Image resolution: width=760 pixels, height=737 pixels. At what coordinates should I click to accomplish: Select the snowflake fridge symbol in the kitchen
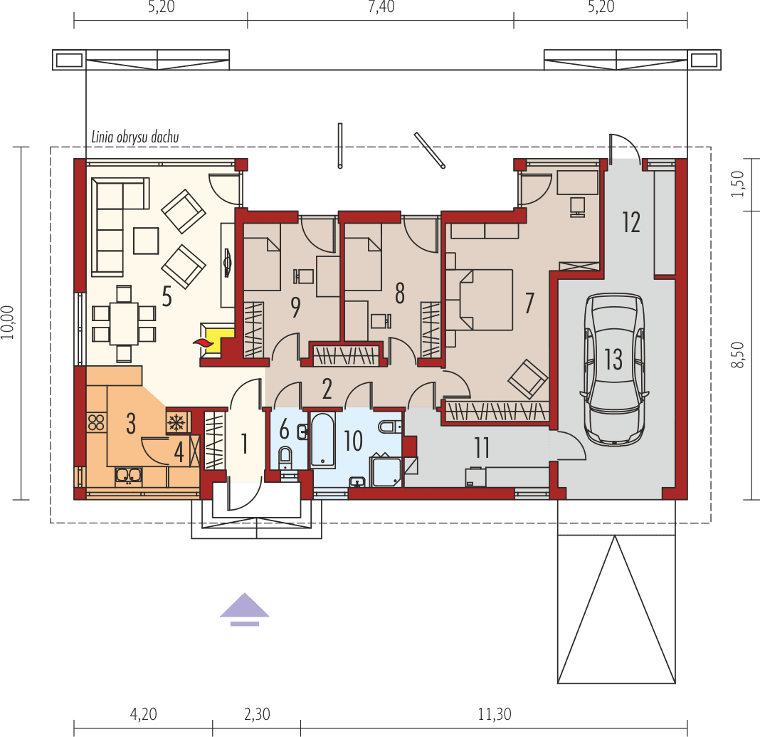tap(176, 422)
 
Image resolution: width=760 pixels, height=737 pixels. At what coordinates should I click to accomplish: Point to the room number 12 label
tap(631, 222)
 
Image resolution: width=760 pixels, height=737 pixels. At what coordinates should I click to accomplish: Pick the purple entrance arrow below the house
tap(244, 607)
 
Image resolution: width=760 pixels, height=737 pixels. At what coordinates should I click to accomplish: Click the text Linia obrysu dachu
tap(134, 137)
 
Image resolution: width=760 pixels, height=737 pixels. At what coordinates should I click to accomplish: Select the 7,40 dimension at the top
tap(381, 8)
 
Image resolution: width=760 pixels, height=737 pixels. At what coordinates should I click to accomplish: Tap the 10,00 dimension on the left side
tap(8, 324)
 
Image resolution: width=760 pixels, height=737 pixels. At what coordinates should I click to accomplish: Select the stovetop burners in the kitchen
tap(95, 422)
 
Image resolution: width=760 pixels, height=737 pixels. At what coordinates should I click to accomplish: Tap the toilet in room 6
tap(285, 457)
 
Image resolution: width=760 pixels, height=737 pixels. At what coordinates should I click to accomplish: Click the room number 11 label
tap(482, 449)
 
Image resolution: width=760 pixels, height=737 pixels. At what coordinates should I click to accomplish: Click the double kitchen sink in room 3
tap(128, 474)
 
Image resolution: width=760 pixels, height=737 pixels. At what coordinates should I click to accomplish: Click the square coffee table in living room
tap(146, 240)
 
